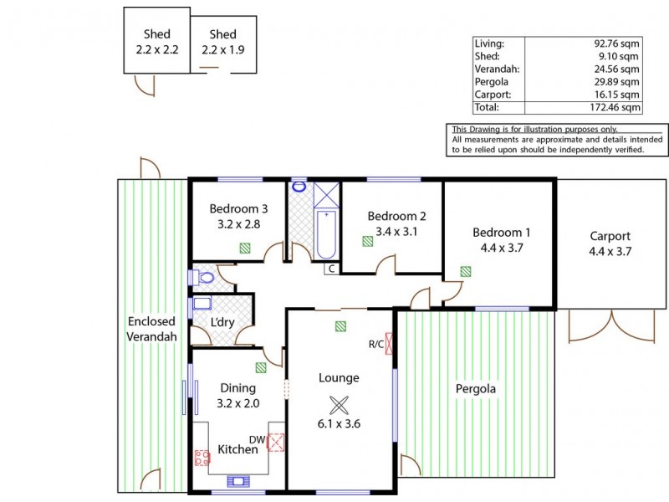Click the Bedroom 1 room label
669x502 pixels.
[x=501, y=232]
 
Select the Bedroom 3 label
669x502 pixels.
[x=238, y=209]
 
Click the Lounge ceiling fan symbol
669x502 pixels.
[x=339, y=405]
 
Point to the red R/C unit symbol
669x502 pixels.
[x=388, y=344]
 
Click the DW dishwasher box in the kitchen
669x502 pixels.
[x=275, y=442]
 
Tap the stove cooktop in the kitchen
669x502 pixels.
[x=202, y=458]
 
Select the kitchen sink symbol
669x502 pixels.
[x=238, y=480]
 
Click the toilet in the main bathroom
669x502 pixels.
[x=299, y=187]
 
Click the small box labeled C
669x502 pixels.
[x=331, y=269]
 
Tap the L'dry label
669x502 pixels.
[x=222, y=323]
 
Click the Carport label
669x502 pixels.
[x=610, y=236]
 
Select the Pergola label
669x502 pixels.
[x=475, y=389]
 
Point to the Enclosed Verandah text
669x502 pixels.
[x=151, y=329]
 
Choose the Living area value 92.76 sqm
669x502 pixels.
[x=616, y=43]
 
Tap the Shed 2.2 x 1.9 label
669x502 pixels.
[x=223, y=42]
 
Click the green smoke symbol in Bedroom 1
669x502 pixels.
[x=465, y=270]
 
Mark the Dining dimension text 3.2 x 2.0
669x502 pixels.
[x=238, y=402]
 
